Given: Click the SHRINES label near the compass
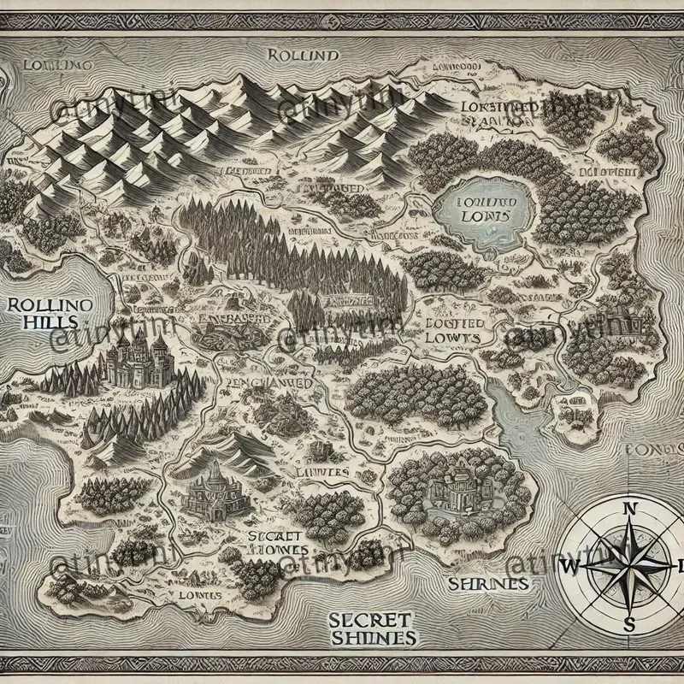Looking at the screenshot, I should [485, 584].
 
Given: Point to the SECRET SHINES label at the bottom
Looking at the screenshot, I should [372, 628].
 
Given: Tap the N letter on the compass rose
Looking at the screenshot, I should [632, 509].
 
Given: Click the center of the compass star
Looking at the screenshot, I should [632, 565].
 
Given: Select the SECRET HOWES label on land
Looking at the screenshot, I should [267, 544].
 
